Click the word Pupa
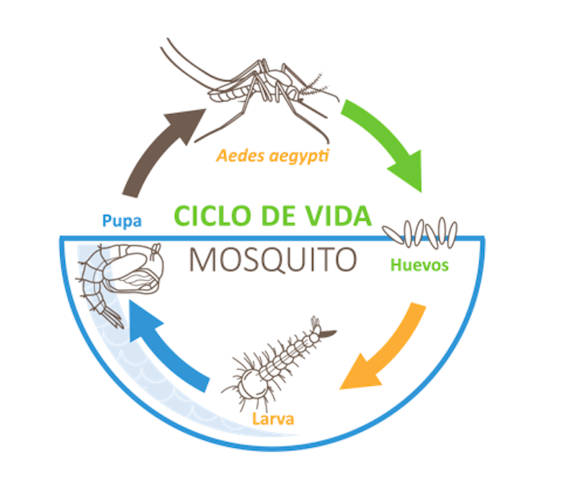tap(122, 219)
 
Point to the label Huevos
tap(418, 265)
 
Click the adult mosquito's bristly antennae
tap(320, 80)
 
